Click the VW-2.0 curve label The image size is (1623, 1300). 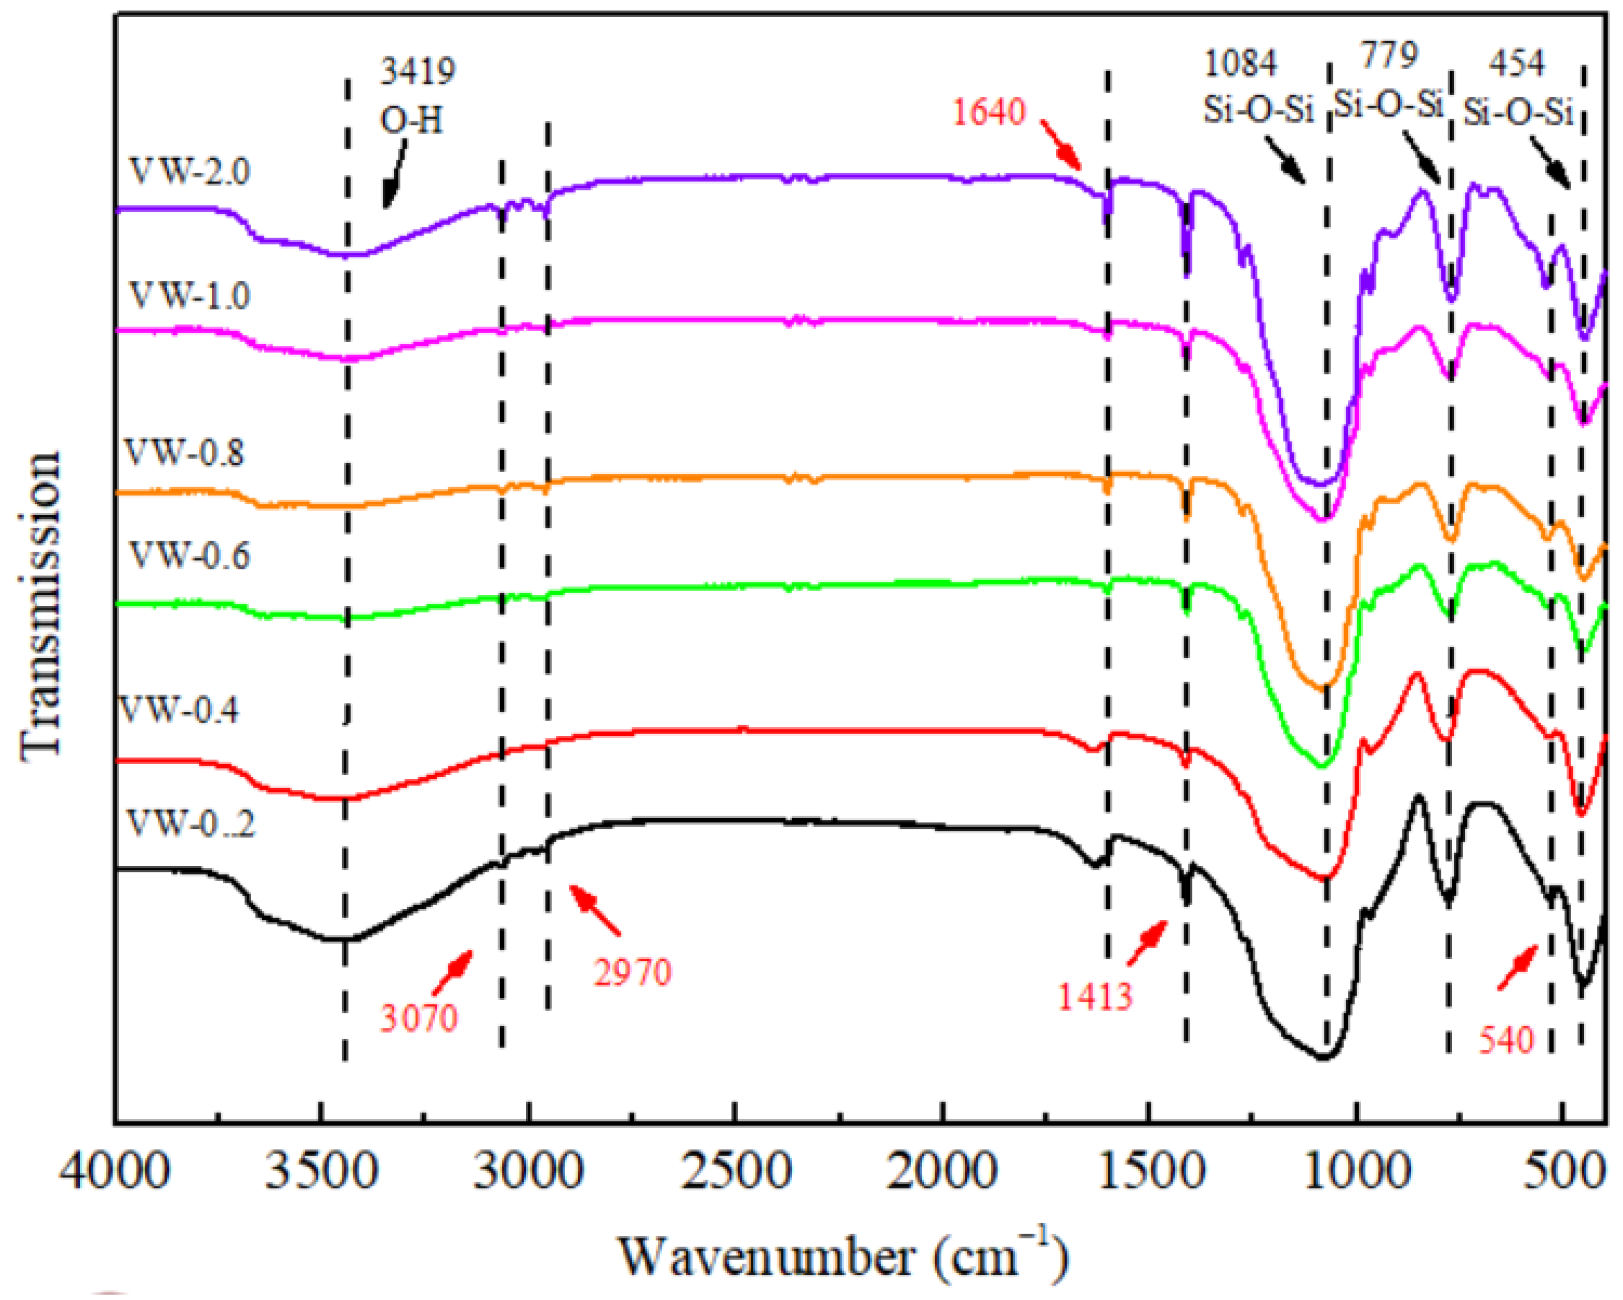tap(189, 172)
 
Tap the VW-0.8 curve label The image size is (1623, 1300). tap(184, 453)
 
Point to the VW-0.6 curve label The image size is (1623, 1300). tap(189, 556)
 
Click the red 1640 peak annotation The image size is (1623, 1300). tap(989, 113)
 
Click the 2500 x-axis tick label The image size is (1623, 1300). tap(735, 1173)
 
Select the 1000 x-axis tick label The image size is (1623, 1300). tap(1356, 1173)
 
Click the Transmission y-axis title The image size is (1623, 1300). tap(41, 606)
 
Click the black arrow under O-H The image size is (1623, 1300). tap(395, 175)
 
